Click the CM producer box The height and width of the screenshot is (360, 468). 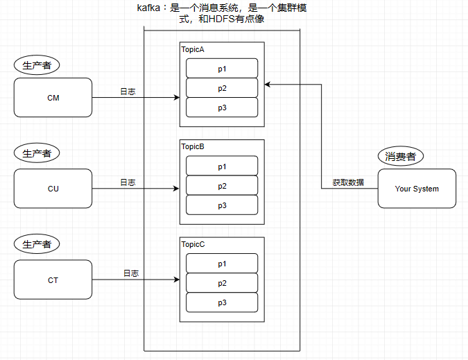(x=53, y=98)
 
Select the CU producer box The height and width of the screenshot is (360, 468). (x=53, y=189)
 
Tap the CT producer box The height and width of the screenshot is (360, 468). (x=53, y=280)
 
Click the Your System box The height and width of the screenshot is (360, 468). (x=417, y=189)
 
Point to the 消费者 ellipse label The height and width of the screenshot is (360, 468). (x=400, y=157)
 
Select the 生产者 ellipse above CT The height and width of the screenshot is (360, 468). (x=37, y=245)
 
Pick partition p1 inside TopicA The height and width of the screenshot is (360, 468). (x=222, y=69)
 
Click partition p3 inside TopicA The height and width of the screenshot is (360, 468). (x=222, y=108)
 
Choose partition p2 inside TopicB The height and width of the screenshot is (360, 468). (x=222, y=186)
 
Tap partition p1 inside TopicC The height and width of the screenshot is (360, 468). (x=222, y=264)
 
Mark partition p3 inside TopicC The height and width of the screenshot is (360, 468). (x=222, y=302)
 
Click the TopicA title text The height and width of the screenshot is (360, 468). (x=193, y=50)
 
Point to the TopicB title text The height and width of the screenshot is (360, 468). (x=193, y=147)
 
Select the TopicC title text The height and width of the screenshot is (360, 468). (x=193, y=245)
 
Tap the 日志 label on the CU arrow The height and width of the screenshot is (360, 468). (x=128, y=182)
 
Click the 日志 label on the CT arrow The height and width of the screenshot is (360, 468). (x=131, y=274)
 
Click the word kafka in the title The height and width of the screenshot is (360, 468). (x=140, y=8)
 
